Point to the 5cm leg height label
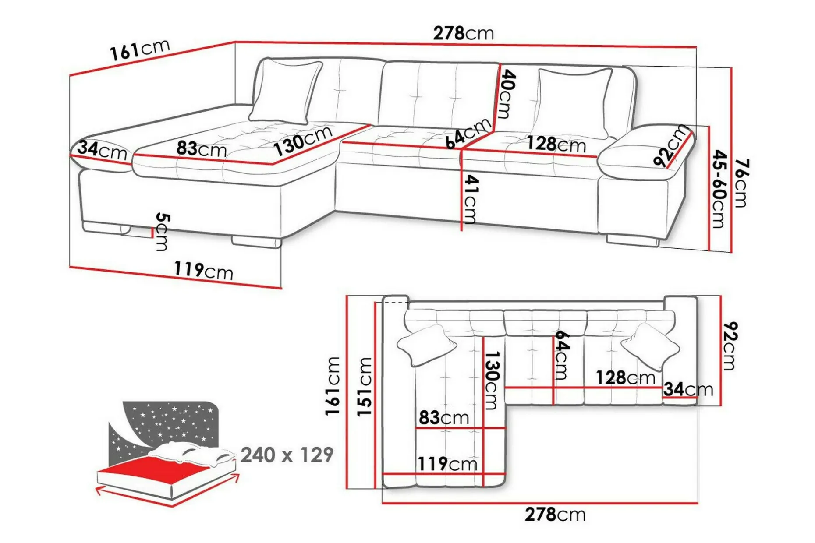click(162, 232)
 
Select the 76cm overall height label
click(741, 183)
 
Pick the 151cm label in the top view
click(364, 387)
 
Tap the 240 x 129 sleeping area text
click(287, 455)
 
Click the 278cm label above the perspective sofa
click(464, 33)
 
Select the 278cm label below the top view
click(555, 515)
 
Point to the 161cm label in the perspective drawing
click(139, 49)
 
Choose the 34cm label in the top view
click(688, 389)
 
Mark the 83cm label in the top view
click(444, 417)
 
